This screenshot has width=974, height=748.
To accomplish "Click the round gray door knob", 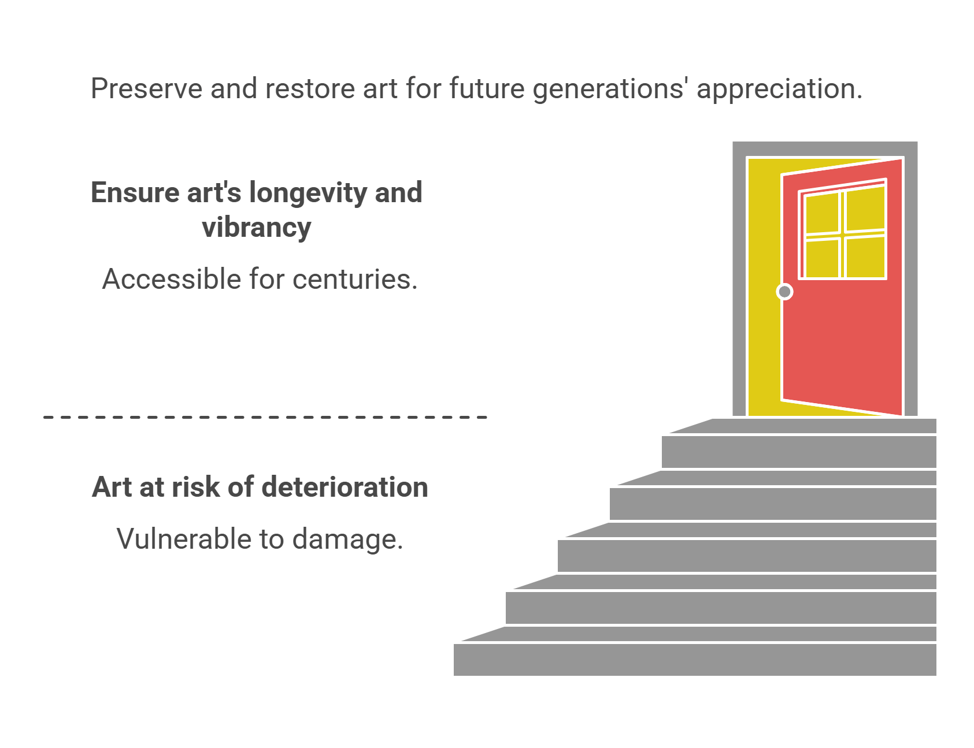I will (x=784, y=292).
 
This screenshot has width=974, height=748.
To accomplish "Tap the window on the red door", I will (x=843, y=231).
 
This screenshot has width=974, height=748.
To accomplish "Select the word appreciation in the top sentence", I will (x=779, y=89).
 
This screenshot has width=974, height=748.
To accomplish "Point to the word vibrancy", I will (x=256, y=228).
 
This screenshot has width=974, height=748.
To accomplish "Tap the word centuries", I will (x=355, y=280).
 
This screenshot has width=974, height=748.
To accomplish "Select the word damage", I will (x=347, y=540).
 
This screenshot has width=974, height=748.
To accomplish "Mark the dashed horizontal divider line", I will (x=265, y=416).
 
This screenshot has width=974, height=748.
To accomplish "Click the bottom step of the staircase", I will (x=694, y=659).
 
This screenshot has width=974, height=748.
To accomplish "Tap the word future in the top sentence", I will (x=487, y=89).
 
